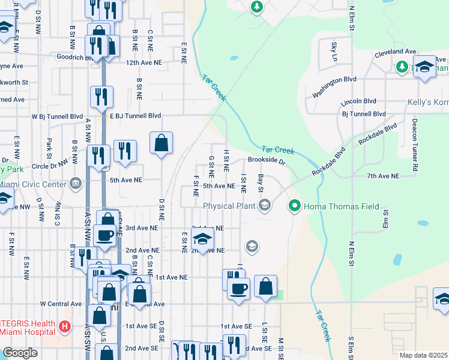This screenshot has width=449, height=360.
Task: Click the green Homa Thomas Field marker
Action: point(294,207)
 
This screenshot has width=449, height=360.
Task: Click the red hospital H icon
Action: point(65,328)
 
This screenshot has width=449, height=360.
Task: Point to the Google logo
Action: point(20,353)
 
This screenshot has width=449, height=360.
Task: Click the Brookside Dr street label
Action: point(266,161)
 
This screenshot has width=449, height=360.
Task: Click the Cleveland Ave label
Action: point(396,53)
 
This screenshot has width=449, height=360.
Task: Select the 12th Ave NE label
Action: point(144,62)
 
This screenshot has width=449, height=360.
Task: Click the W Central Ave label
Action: point(61,304)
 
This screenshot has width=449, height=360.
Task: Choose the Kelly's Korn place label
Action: point(427,103)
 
